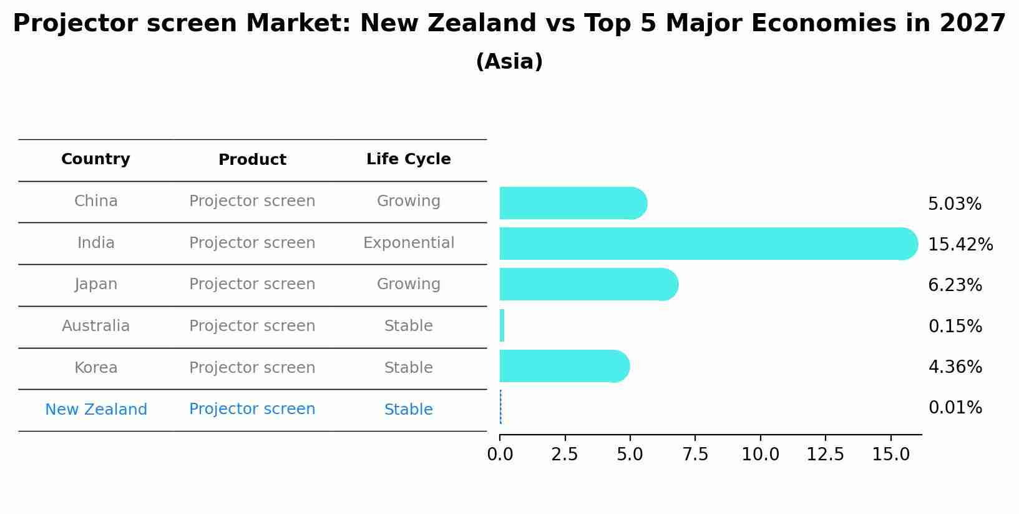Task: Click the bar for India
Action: click(x=708, y=244)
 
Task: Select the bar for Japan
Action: click(x=588, y=284)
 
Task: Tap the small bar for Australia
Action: click(x=502, y=325)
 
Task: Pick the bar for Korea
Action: click(x=564, y=366)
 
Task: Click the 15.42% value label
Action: click(x=960, y=245)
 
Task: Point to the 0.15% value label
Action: click(x=955, y=326)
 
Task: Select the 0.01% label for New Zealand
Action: click(x=955, y=408)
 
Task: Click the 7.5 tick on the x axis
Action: click(x=695, y=455)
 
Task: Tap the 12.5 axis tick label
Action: click(x=825, y=455)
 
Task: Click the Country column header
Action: click(x=95, y=159)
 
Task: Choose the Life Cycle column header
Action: click(x=408, y=159)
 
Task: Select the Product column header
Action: click(x=252, y=160)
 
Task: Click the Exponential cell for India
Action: click(x=408, y=243)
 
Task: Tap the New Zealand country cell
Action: click(x=96, y=410)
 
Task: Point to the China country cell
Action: click(x=95, y=201)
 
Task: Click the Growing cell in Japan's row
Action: click(x=408, y=284)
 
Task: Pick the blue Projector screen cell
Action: click(x=252, y=409)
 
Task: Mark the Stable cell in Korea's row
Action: click(x=408, y=368)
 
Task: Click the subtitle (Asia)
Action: click(x=509, y=62)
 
